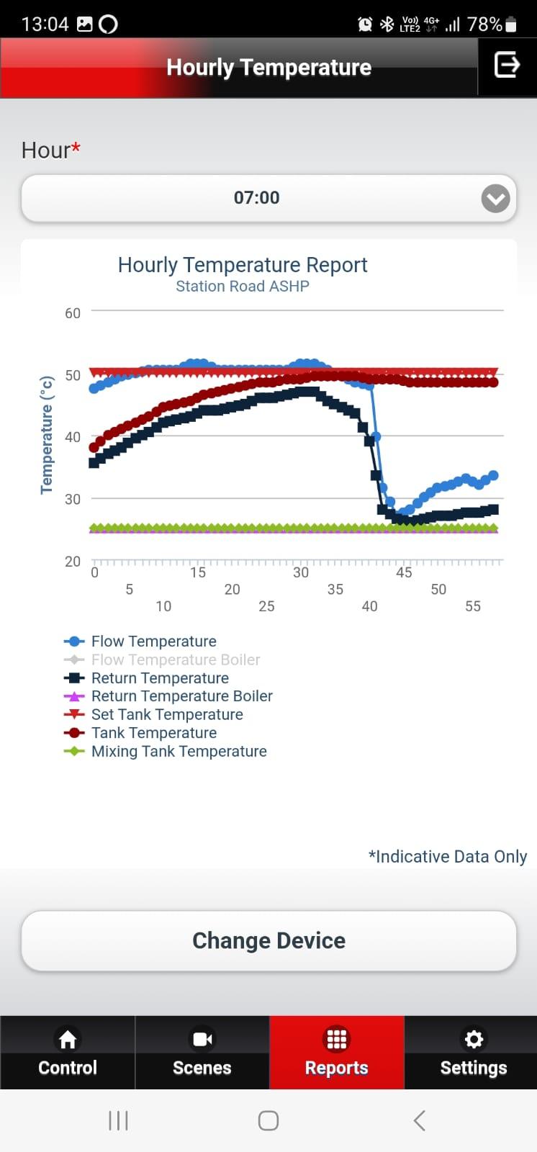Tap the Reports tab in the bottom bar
tap(336, 1052)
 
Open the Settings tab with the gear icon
tap(473, 1052)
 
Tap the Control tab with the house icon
tap(68, 1052)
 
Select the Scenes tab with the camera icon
tap(202, 1052)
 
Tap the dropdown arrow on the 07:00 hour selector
tap(495, 198)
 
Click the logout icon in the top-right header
tap(507, 65)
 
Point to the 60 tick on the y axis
tap(73, 313)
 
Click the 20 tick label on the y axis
tap(73, 561)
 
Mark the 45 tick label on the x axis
tap(404, 572)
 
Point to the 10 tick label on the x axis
tap(163, 606)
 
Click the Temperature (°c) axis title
tap(47, 435)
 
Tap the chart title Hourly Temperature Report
tap(243, 265)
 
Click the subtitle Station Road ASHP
tap(243, 286)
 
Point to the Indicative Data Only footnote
tap(448, 856)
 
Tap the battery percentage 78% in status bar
tap(484, 24)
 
